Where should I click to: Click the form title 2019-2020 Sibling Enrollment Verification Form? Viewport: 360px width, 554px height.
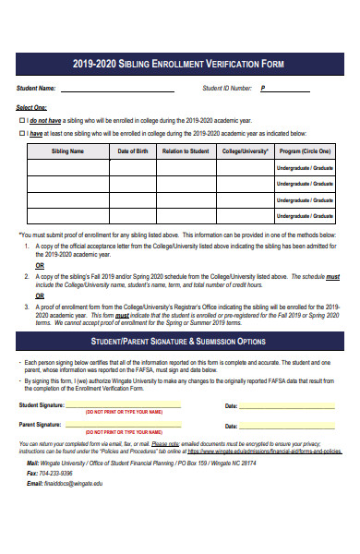pos(179,64)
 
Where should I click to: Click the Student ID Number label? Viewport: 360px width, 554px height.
pos(227,89)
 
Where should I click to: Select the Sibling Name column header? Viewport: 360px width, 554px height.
pos(67,151)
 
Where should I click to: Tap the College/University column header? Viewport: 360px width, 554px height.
pos(245,151)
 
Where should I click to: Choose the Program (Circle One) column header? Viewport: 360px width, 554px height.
pos(306,151)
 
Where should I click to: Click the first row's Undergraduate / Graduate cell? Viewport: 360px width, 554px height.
pos(306,168)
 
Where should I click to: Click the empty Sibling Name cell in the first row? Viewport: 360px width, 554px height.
pos(67,168)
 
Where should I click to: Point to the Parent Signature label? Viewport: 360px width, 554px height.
pos(42,399)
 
